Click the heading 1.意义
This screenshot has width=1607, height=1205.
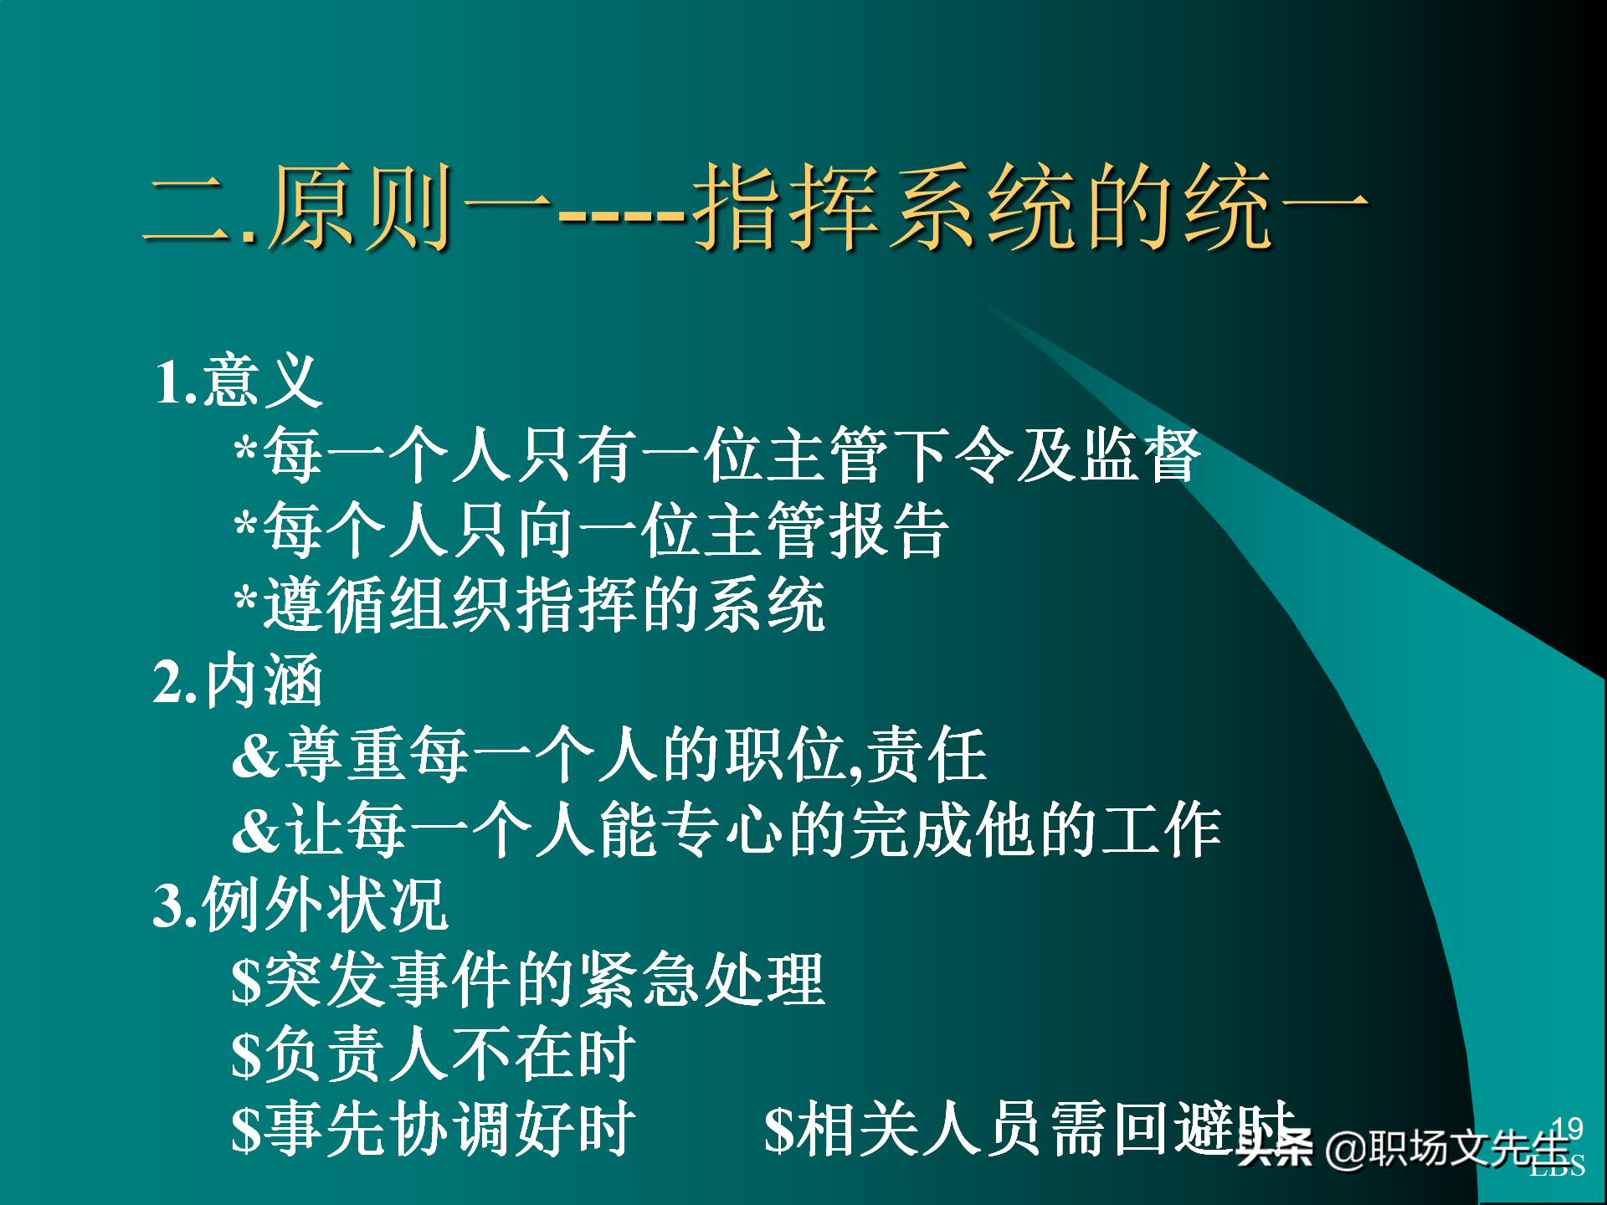click(x=238, y=382)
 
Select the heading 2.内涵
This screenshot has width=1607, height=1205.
click(x=238, y=680)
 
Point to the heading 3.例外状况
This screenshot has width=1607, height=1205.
click(x=300, y=905)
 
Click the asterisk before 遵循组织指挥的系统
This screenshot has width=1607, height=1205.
click(x=245, y=604)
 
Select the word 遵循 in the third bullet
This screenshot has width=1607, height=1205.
click(x=326, y=605)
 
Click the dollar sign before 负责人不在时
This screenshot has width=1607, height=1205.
click(x=246, y=1055)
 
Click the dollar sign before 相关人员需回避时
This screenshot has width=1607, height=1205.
click(x=778, y=1131)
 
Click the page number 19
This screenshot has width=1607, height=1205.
click(x=1567, y=1129)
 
